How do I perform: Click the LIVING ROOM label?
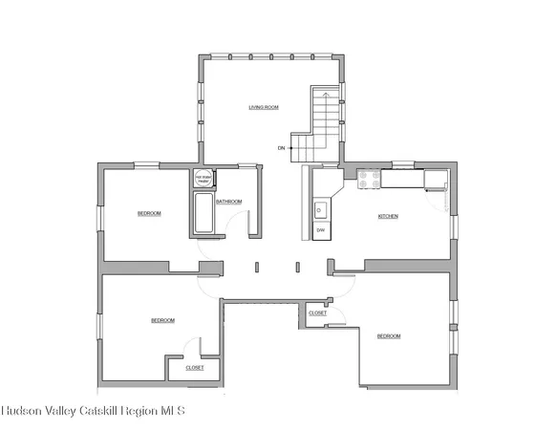264,108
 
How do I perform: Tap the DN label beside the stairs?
282,148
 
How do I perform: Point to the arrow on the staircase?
327,97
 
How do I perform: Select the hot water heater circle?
203,178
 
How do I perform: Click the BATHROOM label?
228,202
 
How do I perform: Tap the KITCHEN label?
388,217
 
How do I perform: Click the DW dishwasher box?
321,231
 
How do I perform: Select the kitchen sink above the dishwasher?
320,209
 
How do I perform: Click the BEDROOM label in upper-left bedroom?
149,213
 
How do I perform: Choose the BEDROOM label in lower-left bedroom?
162,320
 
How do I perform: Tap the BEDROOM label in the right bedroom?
388,335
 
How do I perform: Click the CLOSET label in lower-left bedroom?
194,367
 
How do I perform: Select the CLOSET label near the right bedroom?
318,312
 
